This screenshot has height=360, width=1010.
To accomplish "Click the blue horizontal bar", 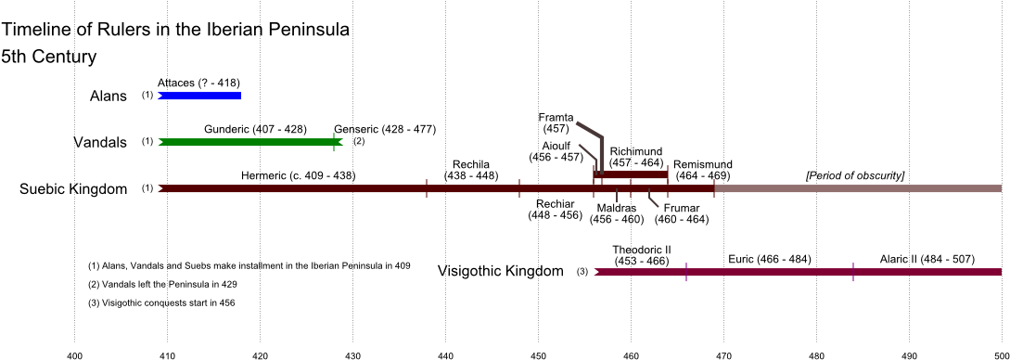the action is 200,96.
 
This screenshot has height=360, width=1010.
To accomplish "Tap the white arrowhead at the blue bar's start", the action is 159,96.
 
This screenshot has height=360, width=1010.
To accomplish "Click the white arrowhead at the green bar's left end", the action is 160,142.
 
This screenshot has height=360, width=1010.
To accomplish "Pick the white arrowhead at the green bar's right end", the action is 342,142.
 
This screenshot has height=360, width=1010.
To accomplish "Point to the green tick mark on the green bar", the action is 334,142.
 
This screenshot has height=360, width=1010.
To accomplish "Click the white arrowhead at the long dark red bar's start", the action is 160,188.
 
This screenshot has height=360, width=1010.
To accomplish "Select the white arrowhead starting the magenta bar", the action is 595,272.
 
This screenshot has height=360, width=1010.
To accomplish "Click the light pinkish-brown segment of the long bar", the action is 858,188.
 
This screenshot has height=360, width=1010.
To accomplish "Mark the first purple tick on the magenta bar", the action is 686,272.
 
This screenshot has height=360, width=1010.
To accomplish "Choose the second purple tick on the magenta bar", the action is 853,272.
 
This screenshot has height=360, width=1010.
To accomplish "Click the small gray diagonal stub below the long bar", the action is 653,199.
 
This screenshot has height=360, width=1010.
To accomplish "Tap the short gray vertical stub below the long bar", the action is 617,197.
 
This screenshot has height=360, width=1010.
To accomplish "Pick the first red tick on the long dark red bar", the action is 427,188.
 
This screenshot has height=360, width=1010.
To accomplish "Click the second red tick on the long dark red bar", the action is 519,188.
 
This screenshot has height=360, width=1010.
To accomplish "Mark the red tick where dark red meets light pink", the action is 714,188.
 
